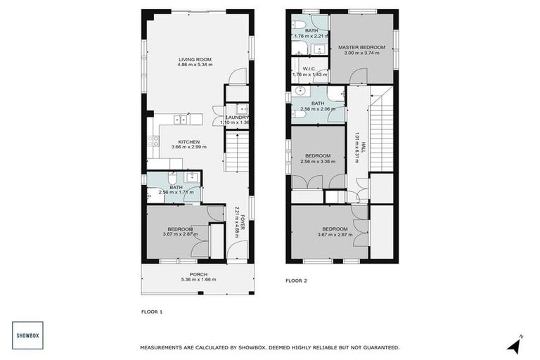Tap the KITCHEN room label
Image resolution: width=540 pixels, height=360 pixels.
click(189, 141)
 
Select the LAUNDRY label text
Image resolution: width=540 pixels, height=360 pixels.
click(234, 117)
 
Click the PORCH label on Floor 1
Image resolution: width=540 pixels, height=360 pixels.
click(198, 274)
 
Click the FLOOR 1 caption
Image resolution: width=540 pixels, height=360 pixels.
click(152, 311)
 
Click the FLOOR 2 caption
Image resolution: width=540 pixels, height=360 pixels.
click(296, 281)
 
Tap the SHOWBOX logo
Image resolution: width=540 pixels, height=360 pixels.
click(29, 335)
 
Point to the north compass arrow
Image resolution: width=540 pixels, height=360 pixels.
click(515, 344)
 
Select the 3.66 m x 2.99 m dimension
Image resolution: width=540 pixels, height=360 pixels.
click(189, 147)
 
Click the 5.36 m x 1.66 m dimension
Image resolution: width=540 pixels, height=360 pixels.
click(198, 279)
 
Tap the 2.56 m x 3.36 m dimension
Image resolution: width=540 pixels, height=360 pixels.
click(318, 161)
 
